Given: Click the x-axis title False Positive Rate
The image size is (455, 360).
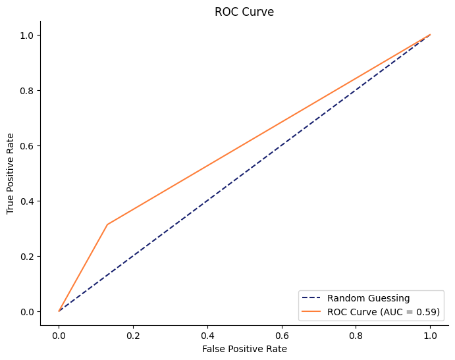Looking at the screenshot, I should point(244,349).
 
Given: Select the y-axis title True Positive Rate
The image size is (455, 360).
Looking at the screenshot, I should point(11,173).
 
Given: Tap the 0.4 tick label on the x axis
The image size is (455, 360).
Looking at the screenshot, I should point(207,334).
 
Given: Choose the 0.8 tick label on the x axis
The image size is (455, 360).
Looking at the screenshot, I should point(356,334).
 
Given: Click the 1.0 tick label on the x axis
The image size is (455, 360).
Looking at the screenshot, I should point(430,334).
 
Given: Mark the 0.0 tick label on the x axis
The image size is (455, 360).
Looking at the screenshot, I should point(59,334).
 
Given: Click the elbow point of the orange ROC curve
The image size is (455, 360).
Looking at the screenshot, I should point(107,224).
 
